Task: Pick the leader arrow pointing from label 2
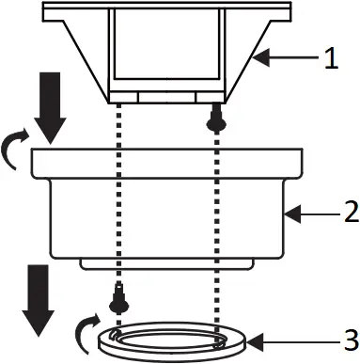(306, 214)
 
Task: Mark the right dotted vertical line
(218, 226)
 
